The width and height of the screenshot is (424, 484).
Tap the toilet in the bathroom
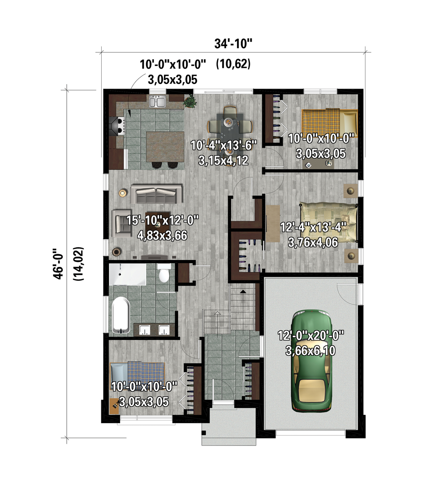coord(164,273)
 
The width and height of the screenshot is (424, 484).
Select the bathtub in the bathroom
coord(121,315)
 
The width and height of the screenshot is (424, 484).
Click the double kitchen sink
coord(157,102)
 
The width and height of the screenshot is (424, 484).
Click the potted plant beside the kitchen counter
coord(190,102)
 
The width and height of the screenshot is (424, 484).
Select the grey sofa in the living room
coord(156,194)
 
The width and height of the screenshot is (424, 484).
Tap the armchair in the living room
coord(122,224)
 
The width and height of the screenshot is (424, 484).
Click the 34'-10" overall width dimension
coord(233,44)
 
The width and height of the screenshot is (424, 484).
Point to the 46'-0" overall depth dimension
coord(58,264)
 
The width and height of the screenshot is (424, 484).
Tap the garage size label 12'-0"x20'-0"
coord(311,335)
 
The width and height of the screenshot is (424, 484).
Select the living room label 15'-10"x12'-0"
coord(163,220)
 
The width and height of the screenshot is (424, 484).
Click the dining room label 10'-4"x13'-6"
coord(224,145)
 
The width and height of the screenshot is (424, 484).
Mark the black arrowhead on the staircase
coord(243,291)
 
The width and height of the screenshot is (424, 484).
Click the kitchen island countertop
coord(165,147)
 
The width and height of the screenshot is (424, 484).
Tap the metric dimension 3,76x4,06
coord(313,243)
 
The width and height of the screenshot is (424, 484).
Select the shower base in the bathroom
coord(128,275)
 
